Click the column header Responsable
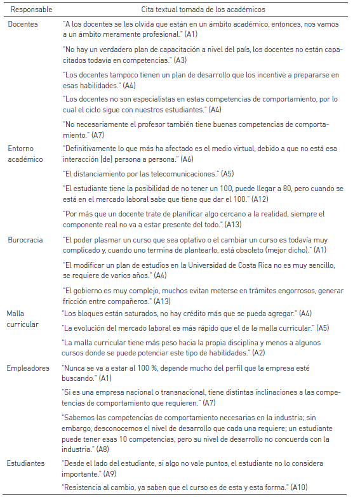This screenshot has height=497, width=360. pos(30,10)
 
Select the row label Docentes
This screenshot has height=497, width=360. pos(23,24)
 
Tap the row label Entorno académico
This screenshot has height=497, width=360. pos(25,154)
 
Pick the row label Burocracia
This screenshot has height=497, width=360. pos(26,241)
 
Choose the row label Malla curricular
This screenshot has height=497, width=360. pos(22,319)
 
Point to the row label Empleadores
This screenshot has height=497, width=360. pos(29,367)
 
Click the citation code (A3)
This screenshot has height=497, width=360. pos(181,60)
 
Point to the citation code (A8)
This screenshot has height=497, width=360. pos(101,448)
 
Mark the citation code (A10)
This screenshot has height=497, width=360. pos(298,486)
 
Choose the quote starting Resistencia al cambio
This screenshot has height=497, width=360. pos(175,486)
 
